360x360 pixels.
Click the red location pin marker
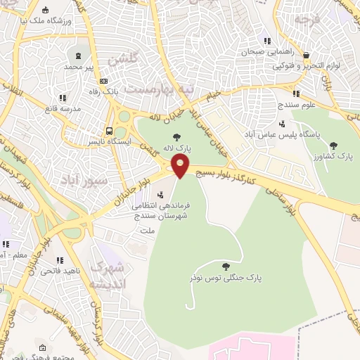181,167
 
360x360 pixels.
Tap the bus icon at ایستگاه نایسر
109,130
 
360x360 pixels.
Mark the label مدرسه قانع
62,108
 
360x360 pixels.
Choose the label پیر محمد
79,66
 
